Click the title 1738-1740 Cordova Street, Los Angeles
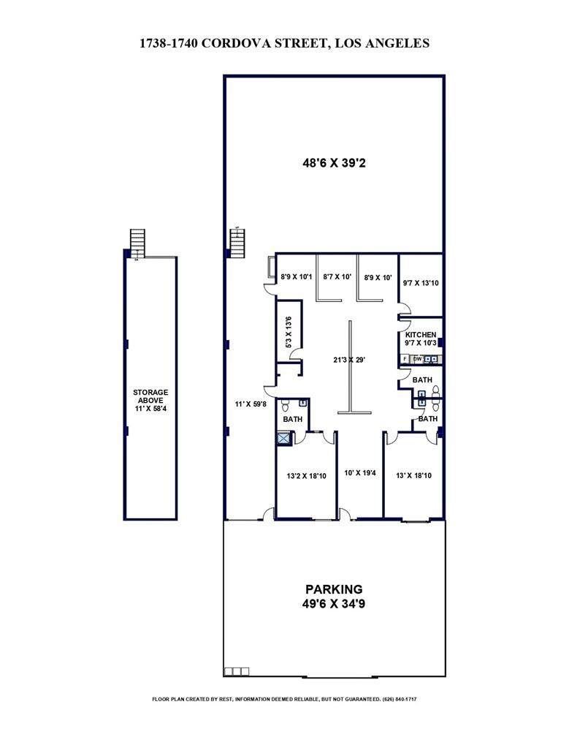tap(284, 44)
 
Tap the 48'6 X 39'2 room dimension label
tap(334, 164)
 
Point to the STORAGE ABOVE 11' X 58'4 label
tap(150, 401)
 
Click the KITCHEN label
tap(421, 334)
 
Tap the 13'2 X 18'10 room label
tap(306, 476)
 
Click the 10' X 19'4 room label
tap(360, 473)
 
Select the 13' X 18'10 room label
tap(413, 476)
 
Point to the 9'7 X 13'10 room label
tap(421, 277)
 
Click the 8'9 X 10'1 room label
tap(297, 277)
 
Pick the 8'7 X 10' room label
tap(337, 277)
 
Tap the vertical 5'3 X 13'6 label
tap(288, 331)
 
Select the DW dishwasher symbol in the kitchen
tap(417, 359)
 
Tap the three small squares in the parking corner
tap(237, 671)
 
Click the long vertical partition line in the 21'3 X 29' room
tap(350, 366)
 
